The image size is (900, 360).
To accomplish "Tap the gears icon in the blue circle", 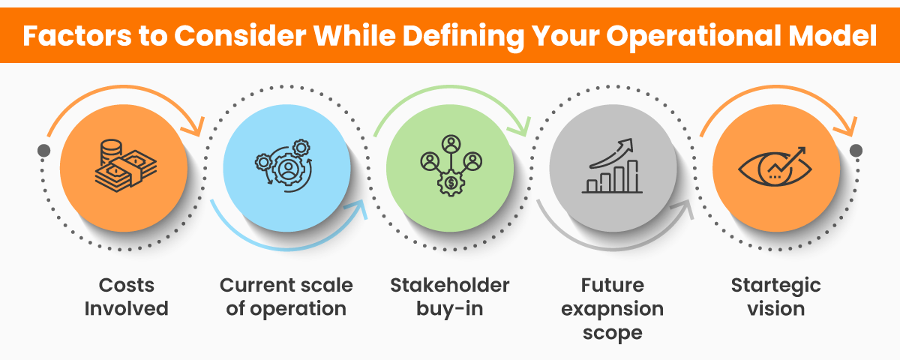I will click(x=286, y=166).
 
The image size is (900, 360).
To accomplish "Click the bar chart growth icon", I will click(x=613, y=166).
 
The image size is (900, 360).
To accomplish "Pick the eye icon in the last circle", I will click(x=775, y=166).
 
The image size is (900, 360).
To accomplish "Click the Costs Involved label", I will click(x=126, y=297).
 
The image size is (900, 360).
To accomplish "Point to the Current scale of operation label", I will click(x=286, y=297).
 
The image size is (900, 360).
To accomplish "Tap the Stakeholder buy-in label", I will click(x=450, y=297).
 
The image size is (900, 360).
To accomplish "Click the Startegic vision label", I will click(x=775, y=297).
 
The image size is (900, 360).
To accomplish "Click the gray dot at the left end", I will click(x=44, y=151).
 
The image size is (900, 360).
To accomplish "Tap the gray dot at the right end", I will click(x=856, y=151).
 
